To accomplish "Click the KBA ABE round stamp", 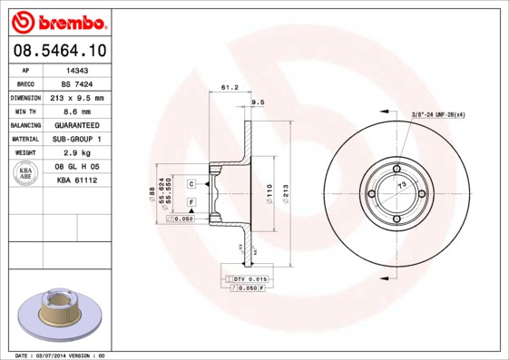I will tap(26, 174).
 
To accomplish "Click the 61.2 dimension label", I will tap(229, 88).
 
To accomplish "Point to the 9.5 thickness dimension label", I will tap(256, 103).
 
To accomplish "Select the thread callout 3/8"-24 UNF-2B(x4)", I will tap(439, 115).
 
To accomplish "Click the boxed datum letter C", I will tap(191, 184).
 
